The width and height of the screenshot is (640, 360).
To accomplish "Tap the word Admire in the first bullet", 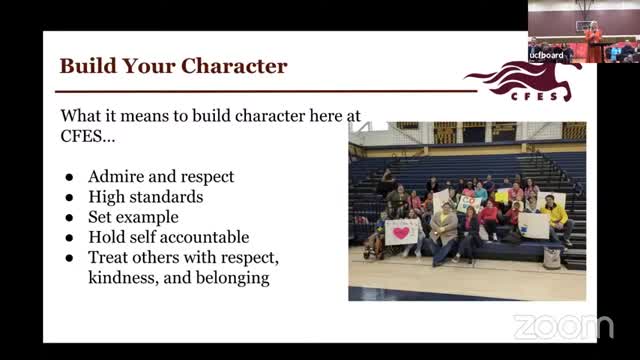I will (115, 177).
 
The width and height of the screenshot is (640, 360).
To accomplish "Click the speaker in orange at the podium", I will (594, 36).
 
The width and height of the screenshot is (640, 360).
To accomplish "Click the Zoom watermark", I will (563, 326).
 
